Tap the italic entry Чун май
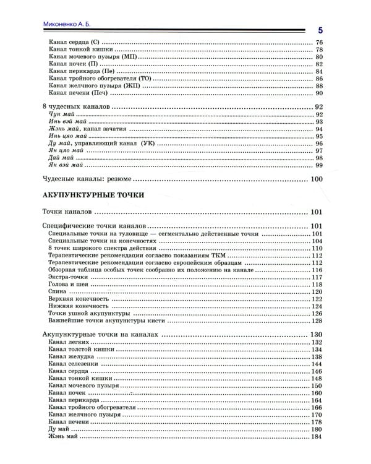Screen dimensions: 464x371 click(x=59, y=115)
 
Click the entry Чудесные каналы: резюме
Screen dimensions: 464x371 click(x=87, y=179)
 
